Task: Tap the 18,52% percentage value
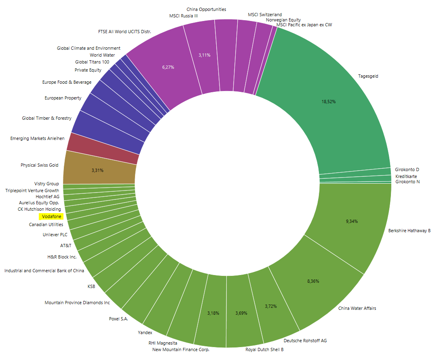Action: (x=329, y=102)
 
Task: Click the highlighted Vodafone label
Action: (x=51, y=217)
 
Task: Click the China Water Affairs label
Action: (x=357, y=308)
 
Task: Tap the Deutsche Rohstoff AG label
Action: (x=305, y=341)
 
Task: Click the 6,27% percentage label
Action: (x=168, y=67)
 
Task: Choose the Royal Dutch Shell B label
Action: (x=264, y=349)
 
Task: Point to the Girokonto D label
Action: (x=407, y=169)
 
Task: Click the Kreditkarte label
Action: (x=406, y=176)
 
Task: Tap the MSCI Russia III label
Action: (x=184, y=16)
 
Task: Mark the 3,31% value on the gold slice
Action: (x=97, y=170)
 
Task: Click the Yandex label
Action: (x=145, y=332)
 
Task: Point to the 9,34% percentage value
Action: (x=352, y=221)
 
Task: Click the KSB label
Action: (x=91, y=286)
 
